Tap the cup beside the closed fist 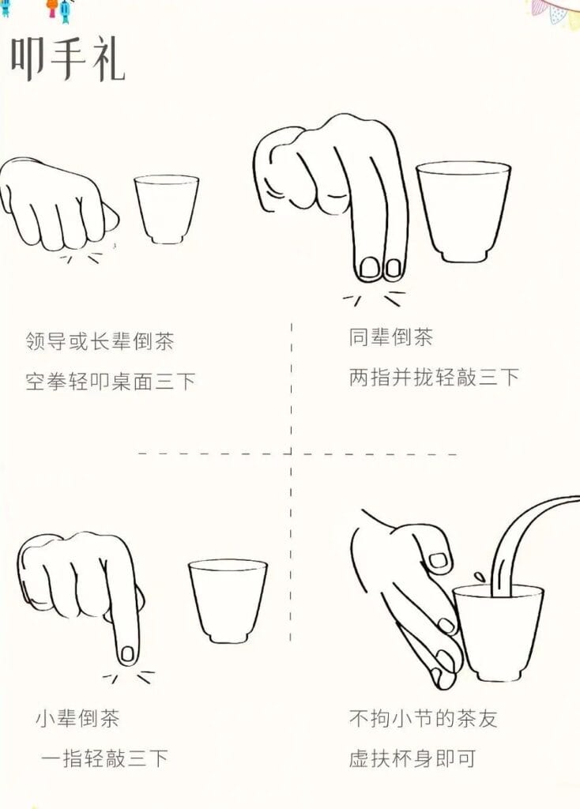coord(166,209)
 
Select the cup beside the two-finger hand coord(463,212)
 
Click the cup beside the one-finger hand coord(228,600)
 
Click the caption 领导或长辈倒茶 coord(100,341)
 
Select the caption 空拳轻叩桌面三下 coord(111,382)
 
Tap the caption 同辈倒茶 coord(390,337)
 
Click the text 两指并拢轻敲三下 coord(434,377)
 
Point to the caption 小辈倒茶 coord(78,718)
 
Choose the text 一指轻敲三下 coord(105,758)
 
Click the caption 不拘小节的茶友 coord(423,718)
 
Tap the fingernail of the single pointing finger coord(127,654)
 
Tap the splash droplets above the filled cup coord(480,575)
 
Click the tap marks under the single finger coord(129,677)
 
